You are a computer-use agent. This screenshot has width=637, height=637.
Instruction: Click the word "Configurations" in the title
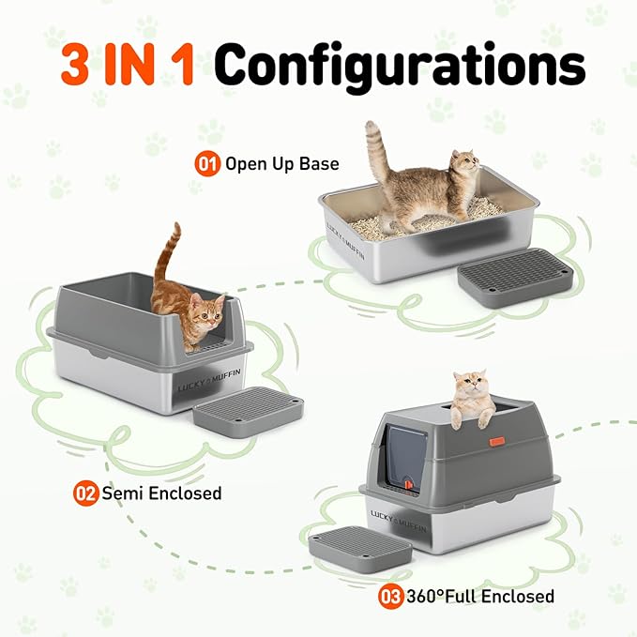pyautogui.click(x=400, y=66)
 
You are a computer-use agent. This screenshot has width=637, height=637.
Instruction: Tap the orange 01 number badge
pyautogui.click(x=206, y=163)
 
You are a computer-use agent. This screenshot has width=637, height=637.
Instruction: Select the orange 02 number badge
pyautogui.click(x=87, y=493)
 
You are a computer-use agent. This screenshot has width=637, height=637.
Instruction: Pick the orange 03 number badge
pyautogui.click(x=391, y=596)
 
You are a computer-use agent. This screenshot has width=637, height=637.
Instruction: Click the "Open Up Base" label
pyautogui.click(x=281, y=164)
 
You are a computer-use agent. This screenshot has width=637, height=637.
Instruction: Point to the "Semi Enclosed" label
pyautogui.click(x=161, y=493)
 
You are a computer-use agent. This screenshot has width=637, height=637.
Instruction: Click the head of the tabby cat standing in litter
pyautogui.click(x=463, y=170)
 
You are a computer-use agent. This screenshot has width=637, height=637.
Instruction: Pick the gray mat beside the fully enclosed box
pyautogui.click(x=359, y=546)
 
